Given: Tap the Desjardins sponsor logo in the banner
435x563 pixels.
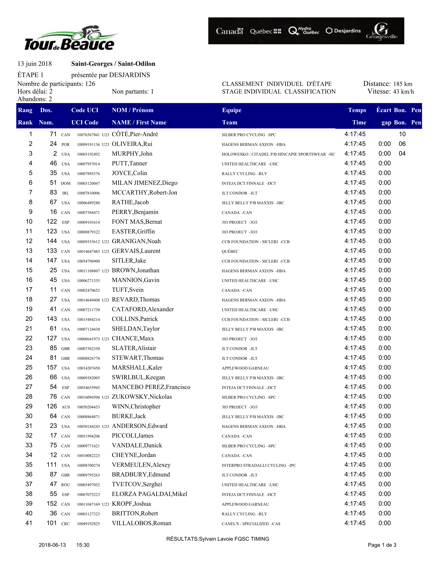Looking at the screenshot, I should coord(343,31).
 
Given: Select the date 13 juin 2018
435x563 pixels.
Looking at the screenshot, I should coord(35,64).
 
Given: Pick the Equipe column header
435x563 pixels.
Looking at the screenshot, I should coord(232,110).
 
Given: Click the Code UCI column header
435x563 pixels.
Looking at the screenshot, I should coord(85,110).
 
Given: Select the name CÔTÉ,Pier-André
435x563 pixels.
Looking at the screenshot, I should coord(135,134).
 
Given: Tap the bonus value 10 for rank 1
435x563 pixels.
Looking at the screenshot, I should coord(402,134).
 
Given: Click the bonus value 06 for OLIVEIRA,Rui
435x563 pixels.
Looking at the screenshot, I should coord(402,144).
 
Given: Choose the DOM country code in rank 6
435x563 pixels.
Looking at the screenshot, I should coord(66,183).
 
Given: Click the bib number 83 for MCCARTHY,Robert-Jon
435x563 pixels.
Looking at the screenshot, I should coord(53,192).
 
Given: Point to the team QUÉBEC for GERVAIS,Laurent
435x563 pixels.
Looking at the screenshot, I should coord(230,251).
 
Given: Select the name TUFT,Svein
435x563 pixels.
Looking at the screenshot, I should coord(128,290).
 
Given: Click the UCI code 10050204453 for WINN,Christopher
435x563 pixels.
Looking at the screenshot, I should coord(88,407).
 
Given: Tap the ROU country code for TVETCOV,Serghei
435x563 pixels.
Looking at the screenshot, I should coord(66,485).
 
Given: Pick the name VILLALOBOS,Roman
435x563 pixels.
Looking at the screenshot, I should coord(142,523).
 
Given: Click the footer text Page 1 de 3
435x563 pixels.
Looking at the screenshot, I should coord(382,545).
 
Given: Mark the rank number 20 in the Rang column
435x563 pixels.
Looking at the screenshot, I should coord(29,319).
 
